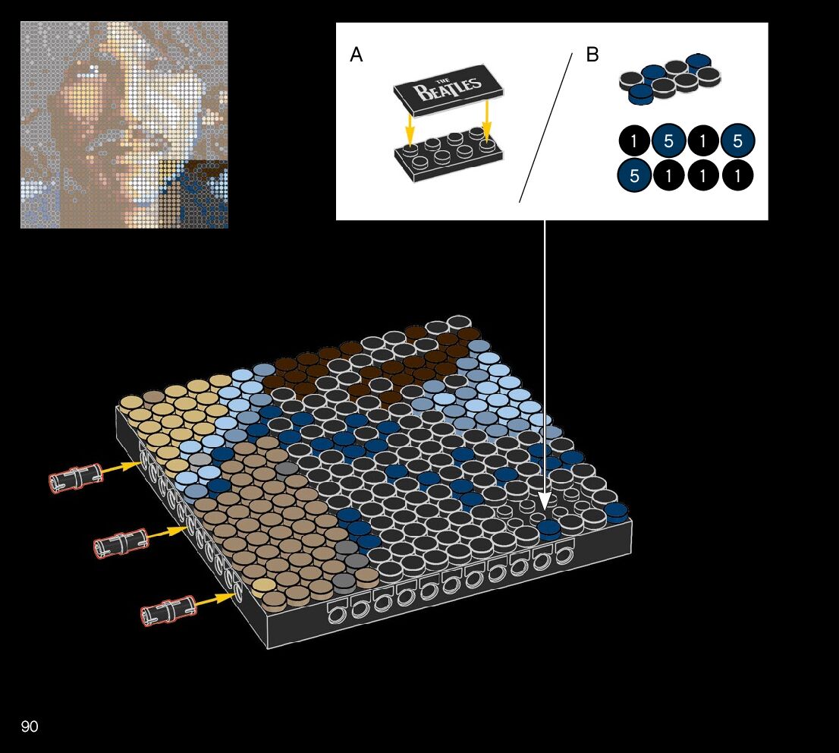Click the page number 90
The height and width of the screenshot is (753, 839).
30,727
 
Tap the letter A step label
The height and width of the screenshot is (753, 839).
356,55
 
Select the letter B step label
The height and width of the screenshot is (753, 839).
592,55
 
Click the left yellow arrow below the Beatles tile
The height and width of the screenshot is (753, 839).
410,128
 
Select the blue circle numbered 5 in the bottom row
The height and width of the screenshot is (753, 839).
635,176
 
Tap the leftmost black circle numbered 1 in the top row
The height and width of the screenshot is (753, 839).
635,141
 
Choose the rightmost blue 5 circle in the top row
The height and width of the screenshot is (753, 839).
737,141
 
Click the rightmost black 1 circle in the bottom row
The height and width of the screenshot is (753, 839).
737,176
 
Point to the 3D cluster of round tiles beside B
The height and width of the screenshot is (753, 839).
668,77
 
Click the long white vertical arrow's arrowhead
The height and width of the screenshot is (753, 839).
545,500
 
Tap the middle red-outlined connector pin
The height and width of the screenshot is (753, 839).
120,542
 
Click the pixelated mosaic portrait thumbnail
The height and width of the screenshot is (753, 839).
124,124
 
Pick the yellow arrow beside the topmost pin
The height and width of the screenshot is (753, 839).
120,468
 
